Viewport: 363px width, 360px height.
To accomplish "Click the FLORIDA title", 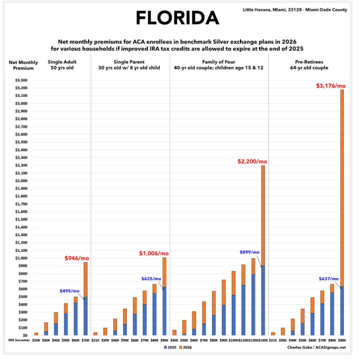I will tap(177, 18).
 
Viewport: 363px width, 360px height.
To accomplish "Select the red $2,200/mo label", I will tap(252, 161).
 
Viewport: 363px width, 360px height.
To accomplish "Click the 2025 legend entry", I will tap(169, 347).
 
